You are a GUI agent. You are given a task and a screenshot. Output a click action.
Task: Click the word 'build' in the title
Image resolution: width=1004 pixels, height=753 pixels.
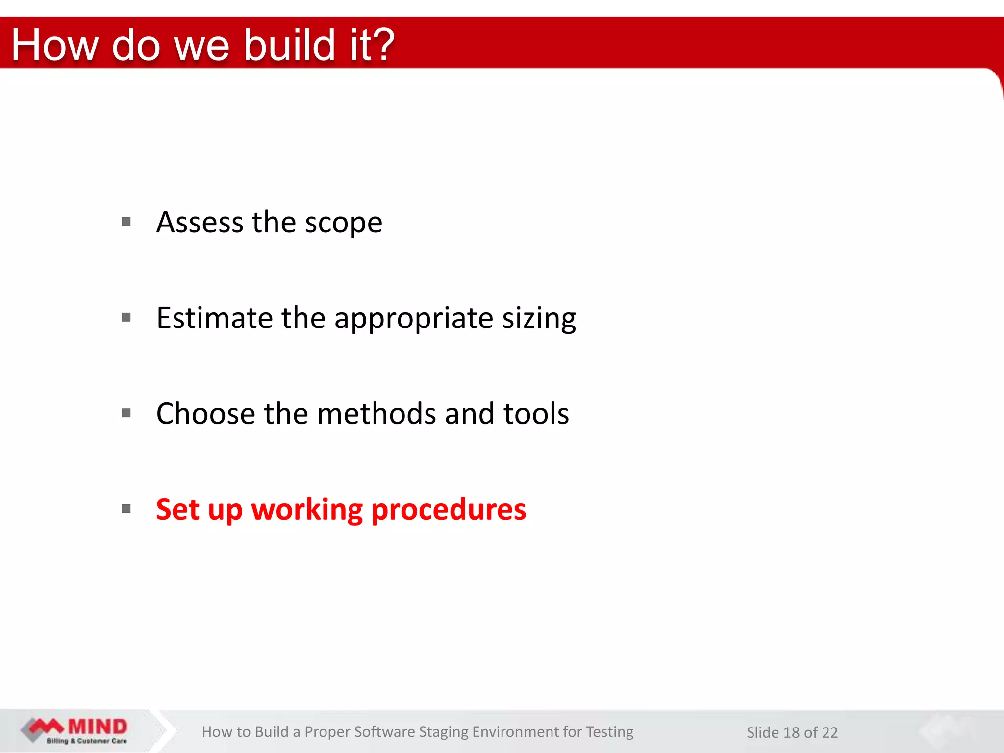[x=289, y=45]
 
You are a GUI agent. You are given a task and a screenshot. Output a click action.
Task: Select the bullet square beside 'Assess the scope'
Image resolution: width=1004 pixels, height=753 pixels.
[x=126, y=222]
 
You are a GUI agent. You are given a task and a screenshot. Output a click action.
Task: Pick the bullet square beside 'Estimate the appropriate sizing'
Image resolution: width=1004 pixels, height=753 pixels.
[x=126, y=317]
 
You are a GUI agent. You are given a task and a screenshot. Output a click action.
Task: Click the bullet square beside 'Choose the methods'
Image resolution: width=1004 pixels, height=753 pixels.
[x=126, y=413]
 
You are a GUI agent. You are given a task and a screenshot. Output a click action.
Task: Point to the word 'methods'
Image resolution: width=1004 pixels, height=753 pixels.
[x=376, y=413]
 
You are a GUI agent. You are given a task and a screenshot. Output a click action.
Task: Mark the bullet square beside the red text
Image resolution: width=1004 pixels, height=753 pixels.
[x=126, y=509]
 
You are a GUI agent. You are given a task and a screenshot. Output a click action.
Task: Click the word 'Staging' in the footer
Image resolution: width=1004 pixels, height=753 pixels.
[x=443, y=732]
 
